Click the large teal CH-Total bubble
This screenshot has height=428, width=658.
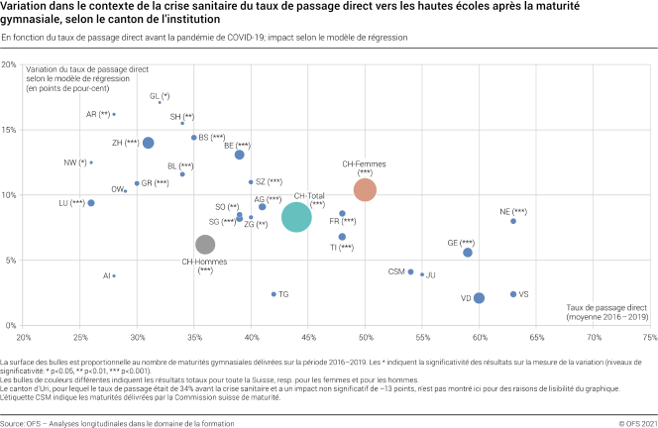click(303, 217)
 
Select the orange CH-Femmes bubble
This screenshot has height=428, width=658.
click(365, 189)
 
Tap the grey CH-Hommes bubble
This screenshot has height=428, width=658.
click(205, 245)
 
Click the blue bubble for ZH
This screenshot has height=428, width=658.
click(149, 143)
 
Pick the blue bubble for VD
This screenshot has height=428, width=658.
click(479, 298)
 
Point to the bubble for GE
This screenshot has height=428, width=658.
click(468, 253)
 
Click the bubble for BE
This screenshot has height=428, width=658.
click(240, 155)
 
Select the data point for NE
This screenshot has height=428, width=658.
click(513, 221)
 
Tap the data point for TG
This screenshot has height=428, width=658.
click(274, 294)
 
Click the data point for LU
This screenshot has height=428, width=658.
click(91, 203)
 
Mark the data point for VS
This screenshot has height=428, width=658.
click(513, 294)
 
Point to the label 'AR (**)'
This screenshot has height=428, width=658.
click(98, 114)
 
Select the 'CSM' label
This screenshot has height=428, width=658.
click(396, 270)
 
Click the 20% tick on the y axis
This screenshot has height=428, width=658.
click(9, 65)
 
